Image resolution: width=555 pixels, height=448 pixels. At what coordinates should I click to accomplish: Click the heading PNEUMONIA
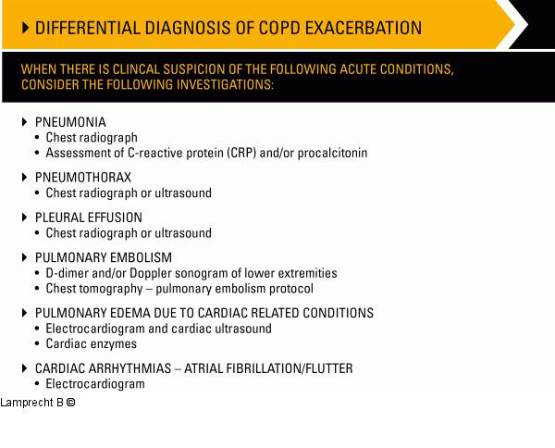pos(70,122)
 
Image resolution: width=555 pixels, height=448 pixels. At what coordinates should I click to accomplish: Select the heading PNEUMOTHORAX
pos(83,178)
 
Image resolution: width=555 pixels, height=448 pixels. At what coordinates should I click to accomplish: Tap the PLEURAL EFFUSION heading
pos(89,218)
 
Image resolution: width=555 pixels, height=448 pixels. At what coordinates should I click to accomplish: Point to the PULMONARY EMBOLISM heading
pos(104,257)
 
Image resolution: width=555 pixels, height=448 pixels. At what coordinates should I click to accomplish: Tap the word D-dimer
pos(68,273)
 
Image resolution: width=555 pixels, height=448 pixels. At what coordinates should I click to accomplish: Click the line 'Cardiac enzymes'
pos(92,343)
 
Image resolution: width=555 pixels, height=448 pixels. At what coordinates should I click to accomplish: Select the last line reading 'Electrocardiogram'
pos(95,383)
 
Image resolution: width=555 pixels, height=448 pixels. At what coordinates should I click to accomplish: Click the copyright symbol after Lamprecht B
pos(69,403)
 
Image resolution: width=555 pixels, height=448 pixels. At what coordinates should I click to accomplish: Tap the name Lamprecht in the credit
pos(27,403)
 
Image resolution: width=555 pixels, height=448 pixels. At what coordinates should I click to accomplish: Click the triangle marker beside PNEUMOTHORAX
pos(25,178)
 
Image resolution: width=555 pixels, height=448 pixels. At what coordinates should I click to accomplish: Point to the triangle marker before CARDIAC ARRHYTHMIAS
pos(25,368)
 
